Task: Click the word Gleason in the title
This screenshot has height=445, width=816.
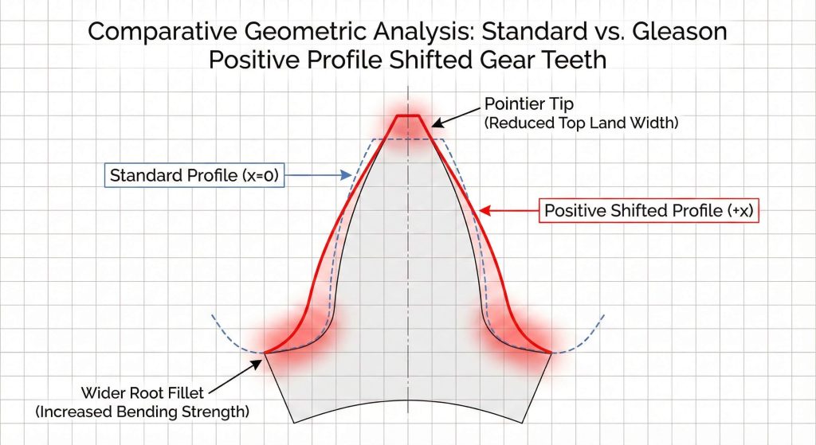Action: point(680,31)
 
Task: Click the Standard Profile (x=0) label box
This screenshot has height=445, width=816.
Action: point(194,175)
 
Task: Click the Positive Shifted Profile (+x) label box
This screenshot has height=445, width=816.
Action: point(649,210)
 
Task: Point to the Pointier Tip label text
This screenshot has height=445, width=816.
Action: point(529,103)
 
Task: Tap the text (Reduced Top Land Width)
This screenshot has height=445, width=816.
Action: point(581,123)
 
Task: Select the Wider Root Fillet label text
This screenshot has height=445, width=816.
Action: point(142,392)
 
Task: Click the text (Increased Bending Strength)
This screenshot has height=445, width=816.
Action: point(142,412)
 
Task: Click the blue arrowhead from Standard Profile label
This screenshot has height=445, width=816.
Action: point(347,175)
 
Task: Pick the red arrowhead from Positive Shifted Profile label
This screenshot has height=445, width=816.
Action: point(484,210)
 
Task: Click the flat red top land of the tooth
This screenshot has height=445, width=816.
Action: point(408,115)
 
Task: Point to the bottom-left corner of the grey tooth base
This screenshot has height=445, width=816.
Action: point(295,424)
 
